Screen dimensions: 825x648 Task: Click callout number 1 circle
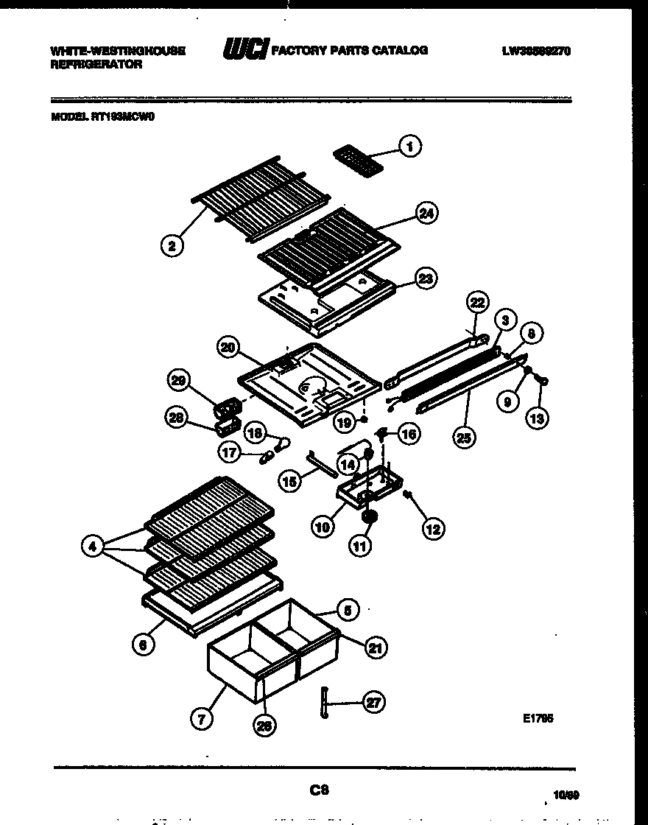pos(409,147)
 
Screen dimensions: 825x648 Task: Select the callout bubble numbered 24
pos(426,213)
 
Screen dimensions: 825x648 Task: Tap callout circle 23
pos(426,278)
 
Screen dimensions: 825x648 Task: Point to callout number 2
pos(172,246)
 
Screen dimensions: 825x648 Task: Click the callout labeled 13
pos(537,418)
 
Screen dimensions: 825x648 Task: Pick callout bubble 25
pos(464,437)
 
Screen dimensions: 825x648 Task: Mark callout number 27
pos(374,702)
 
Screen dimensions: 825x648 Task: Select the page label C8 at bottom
pos(317,790)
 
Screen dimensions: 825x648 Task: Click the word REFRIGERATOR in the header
pos(96,65)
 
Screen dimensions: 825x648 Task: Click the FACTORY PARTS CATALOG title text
pos(350,51)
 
